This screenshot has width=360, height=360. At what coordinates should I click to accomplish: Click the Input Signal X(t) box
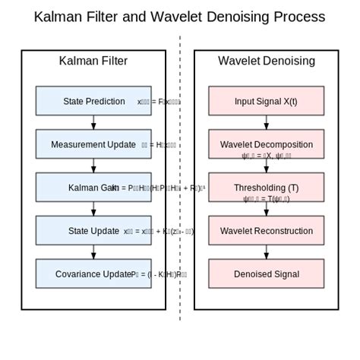[x=266, y=101]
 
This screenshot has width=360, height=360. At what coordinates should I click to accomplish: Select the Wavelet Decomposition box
[x=266, y=144]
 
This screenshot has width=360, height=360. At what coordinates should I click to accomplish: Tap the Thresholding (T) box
[x=266, y=188]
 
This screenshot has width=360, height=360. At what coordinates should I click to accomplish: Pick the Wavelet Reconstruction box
[x=266, y=231]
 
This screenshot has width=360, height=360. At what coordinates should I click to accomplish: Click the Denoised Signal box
[x=266, y=274]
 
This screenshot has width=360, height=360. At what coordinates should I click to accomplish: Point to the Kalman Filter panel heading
[x=93, y=62]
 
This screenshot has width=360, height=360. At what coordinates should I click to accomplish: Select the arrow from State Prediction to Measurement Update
[x=93, y=122]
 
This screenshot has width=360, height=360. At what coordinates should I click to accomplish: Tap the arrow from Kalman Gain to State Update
[x=93, y=209]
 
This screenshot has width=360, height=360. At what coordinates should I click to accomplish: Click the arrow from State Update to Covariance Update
[x=93, y=252]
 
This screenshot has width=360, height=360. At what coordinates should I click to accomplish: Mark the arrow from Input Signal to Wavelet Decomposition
[x=266, y=122]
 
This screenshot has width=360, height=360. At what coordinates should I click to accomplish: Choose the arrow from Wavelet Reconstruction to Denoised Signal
[x=266, y=252]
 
